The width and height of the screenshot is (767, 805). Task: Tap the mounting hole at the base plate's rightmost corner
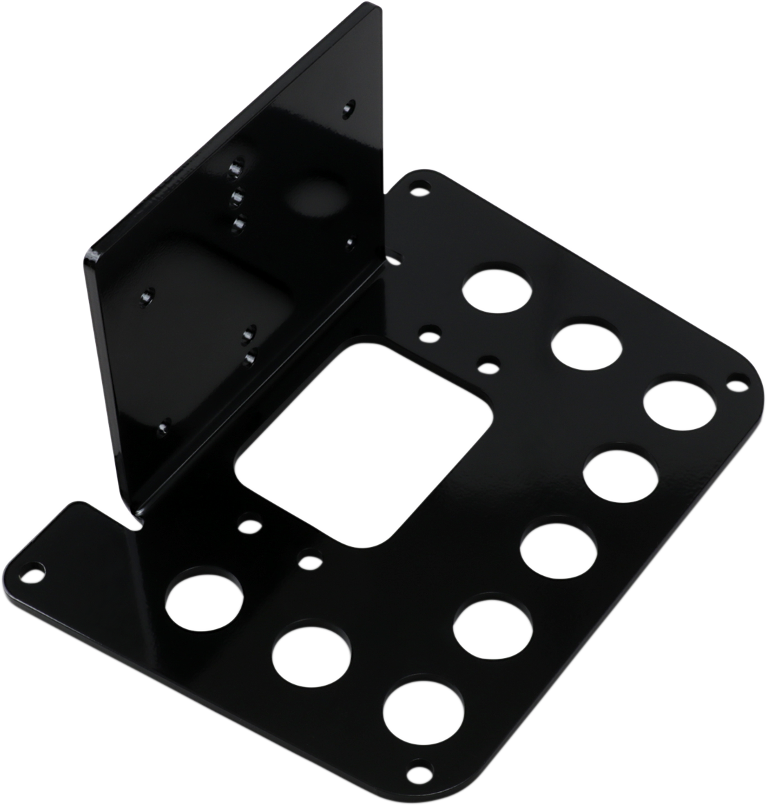pyautogui.click(x=737, y=378)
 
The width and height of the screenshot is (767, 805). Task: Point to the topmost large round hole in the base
pyautogui.click(x=499, y=290)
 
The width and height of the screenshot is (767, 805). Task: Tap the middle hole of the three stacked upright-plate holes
pyautogui.click(x=237, y=197)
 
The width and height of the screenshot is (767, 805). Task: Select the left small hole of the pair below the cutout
pyautogui.click(x=248, y=526)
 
